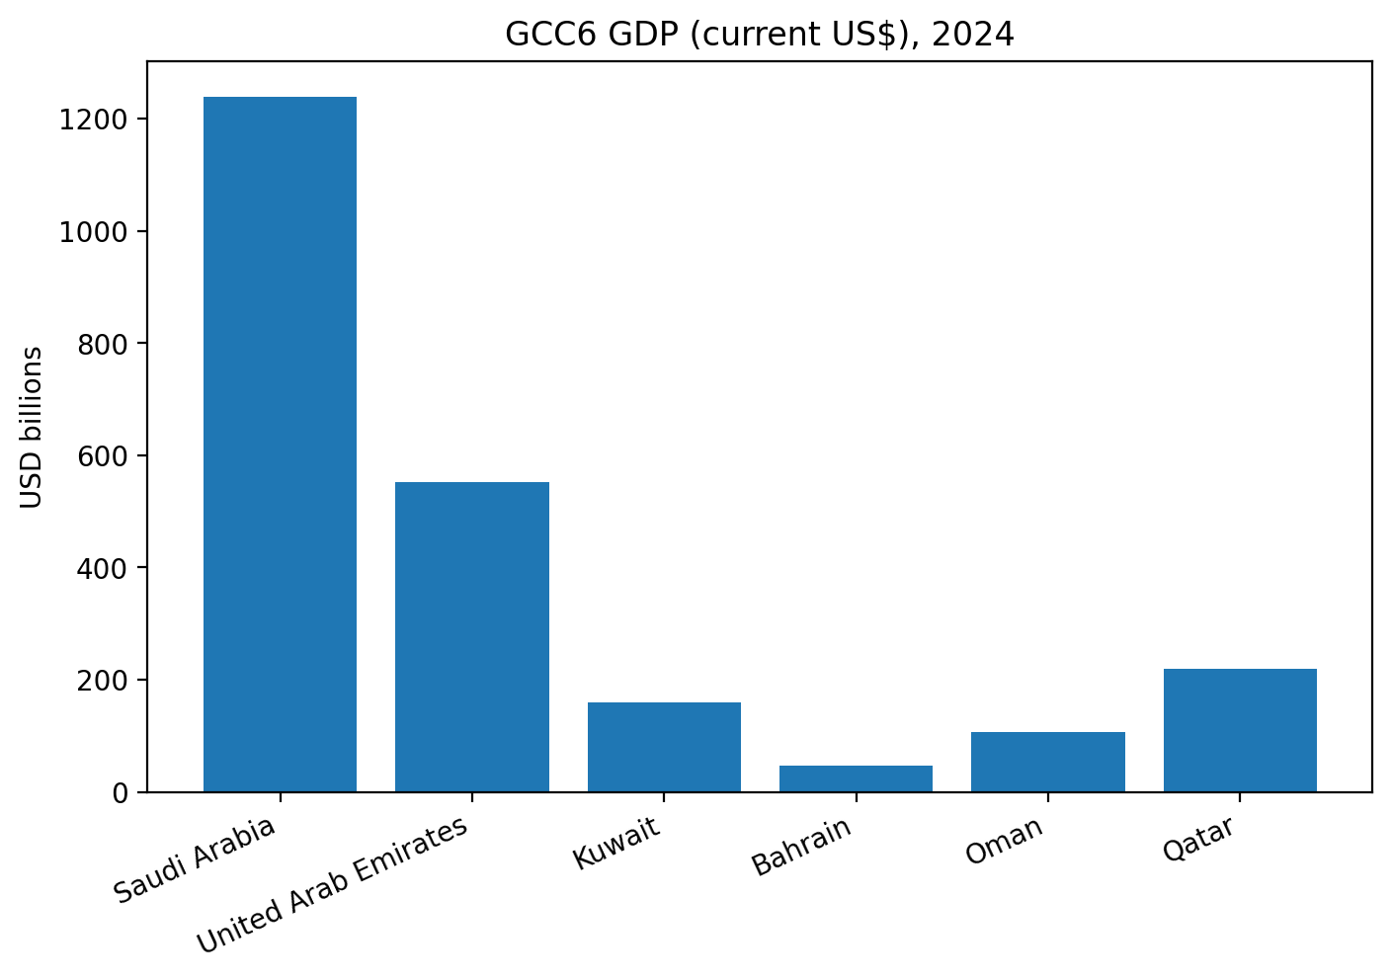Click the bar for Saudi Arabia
280,445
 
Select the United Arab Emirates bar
471,637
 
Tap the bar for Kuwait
664,747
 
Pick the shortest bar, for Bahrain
856,778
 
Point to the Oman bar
1047,762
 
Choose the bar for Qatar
1240,730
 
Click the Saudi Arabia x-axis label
195,859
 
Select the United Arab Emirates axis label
333,886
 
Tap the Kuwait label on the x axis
616,844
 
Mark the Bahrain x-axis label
801,847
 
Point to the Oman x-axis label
1004,841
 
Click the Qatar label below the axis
1198,840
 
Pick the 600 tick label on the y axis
106,456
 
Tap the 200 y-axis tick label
106,681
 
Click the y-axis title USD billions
33,427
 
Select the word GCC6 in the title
542,35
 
